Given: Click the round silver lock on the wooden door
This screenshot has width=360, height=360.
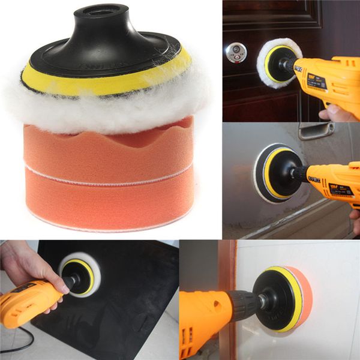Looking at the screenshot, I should pos(235,53).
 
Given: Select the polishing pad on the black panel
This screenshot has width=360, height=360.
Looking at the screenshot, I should pos(81,273).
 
